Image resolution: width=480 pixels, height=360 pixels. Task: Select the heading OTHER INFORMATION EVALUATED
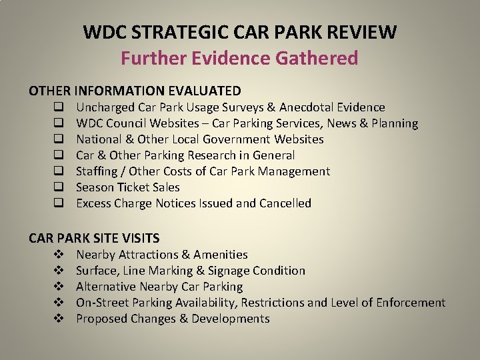click(135, 90)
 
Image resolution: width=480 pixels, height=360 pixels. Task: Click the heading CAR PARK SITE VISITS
click(94, 238)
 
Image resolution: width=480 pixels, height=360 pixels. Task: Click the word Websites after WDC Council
click(174, 123)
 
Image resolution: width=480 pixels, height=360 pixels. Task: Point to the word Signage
click(225, 271)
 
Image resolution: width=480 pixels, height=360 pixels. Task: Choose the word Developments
click(231, 319)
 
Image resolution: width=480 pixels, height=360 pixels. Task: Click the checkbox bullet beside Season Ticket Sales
click(59, 187)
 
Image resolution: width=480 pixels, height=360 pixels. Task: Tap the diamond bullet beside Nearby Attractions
click(59, 255)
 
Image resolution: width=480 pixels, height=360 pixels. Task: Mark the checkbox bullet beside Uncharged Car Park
click(59, 107)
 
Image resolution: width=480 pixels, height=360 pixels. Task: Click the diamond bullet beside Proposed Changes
click(59, 319)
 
